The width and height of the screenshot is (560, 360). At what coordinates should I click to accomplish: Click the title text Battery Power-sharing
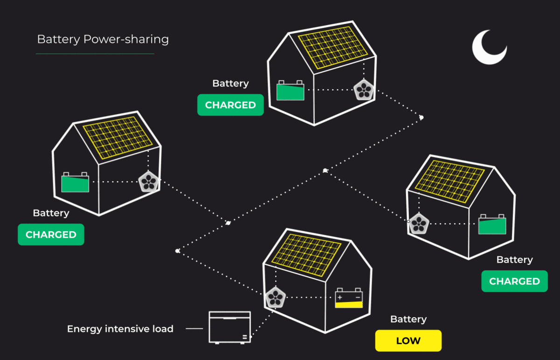(103, 39)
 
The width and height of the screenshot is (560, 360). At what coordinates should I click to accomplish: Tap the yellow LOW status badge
(408, 341)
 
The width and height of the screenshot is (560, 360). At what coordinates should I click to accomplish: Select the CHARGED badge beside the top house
(231, 105)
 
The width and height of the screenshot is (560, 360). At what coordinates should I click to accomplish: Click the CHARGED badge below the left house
(51, 235)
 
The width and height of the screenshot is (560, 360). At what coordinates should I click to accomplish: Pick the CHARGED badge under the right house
(514, 282)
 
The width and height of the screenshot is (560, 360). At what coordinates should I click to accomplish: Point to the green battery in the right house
(492, 225)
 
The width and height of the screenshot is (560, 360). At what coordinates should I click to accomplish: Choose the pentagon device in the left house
(149, 182)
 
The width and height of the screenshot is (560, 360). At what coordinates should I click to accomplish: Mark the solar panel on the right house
(449, 182)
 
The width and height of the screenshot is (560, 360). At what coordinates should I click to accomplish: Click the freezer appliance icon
(229, 327)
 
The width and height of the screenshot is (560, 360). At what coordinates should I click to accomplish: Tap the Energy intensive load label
(120, 329)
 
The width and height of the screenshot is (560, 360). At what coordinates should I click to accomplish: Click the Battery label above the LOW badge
(408, 319)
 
